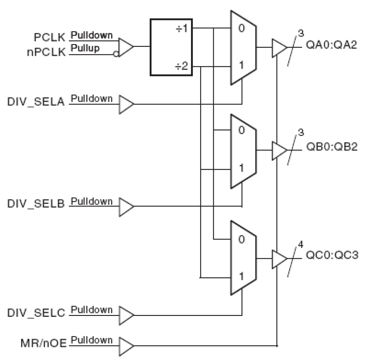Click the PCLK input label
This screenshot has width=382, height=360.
pyautogui.click(x=50, y=37)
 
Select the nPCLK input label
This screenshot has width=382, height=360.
pyautogui.click(x=46, y=52)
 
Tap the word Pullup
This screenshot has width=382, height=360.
pyautogui.click(x=85, y=48)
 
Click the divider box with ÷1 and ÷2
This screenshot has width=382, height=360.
pyautogui.click(x=171, y=47)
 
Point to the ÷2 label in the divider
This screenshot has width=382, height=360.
pyautogui.click(x=181, y=66)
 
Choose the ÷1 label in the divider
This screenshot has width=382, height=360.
pyautogui.click(x=182, y=29)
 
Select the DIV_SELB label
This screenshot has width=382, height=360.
pyautogui.click(x=36, y=203)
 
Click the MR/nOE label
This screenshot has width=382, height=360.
pyautogui.click(x=43, y=343)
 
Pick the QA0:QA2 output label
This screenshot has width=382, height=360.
pyautogui.click(x=331, y=45)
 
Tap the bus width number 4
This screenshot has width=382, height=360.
pyautogui.click(x=300, y=244)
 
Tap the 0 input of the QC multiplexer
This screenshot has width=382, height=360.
pyautogui.click(x=241, y=239)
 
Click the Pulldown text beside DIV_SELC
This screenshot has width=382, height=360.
pyautogui.click(x=92, y=310)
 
